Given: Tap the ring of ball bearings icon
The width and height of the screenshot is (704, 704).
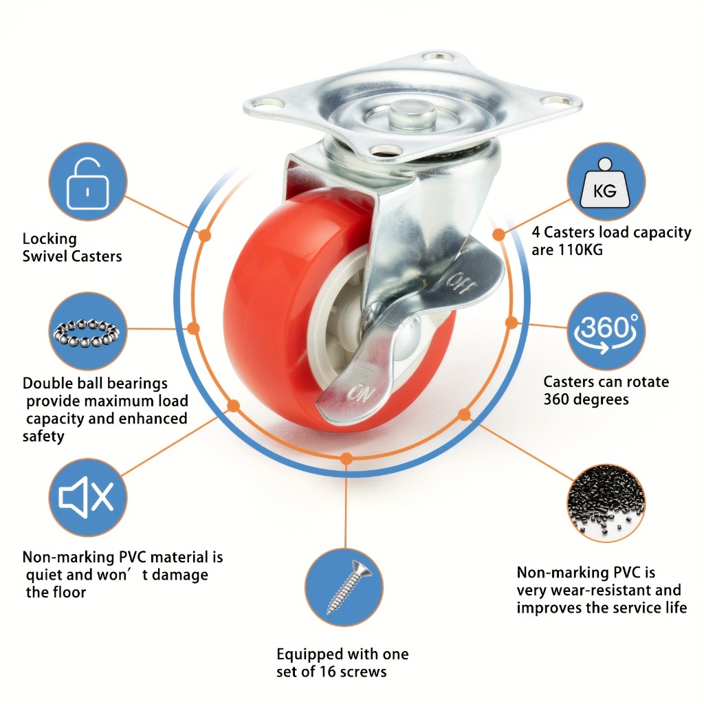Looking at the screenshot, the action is coord(87,333).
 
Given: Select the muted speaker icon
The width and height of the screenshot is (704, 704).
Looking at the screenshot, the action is coord(87,497).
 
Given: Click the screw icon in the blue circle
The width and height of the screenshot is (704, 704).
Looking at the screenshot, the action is coord(349,587).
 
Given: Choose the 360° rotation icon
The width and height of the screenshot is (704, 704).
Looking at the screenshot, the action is coord(606,332).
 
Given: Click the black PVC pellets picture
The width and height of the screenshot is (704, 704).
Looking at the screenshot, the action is coord(606,503).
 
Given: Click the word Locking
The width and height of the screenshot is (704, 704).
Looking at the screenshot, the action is coord(49,239).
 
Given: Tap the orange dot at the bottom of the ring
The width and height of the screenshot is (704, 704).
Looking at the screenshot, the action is coord(346,459).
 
